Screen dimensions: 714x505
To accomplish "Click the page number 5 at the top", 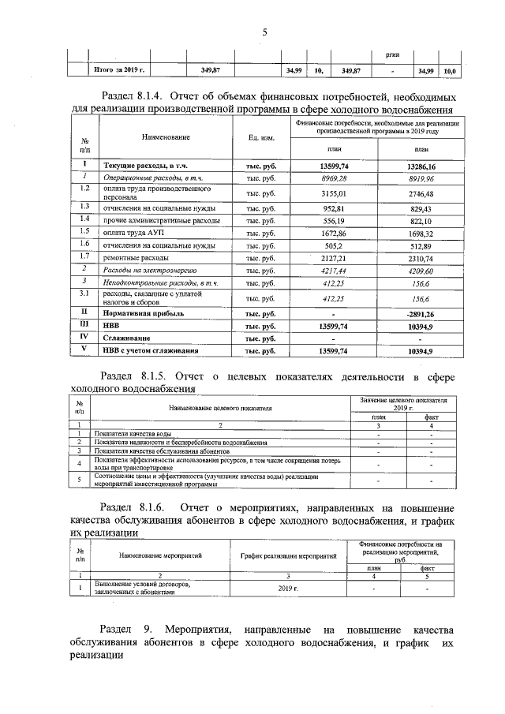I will click(264, 32).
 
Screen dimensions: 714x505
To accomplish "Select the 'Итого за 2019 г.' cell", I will click(118, 70).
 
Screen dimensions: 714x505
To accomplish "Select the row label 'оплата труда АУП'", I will click(130, 233).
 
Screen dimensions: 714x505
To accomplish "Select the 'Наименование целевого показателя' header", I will click(220, 408).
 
